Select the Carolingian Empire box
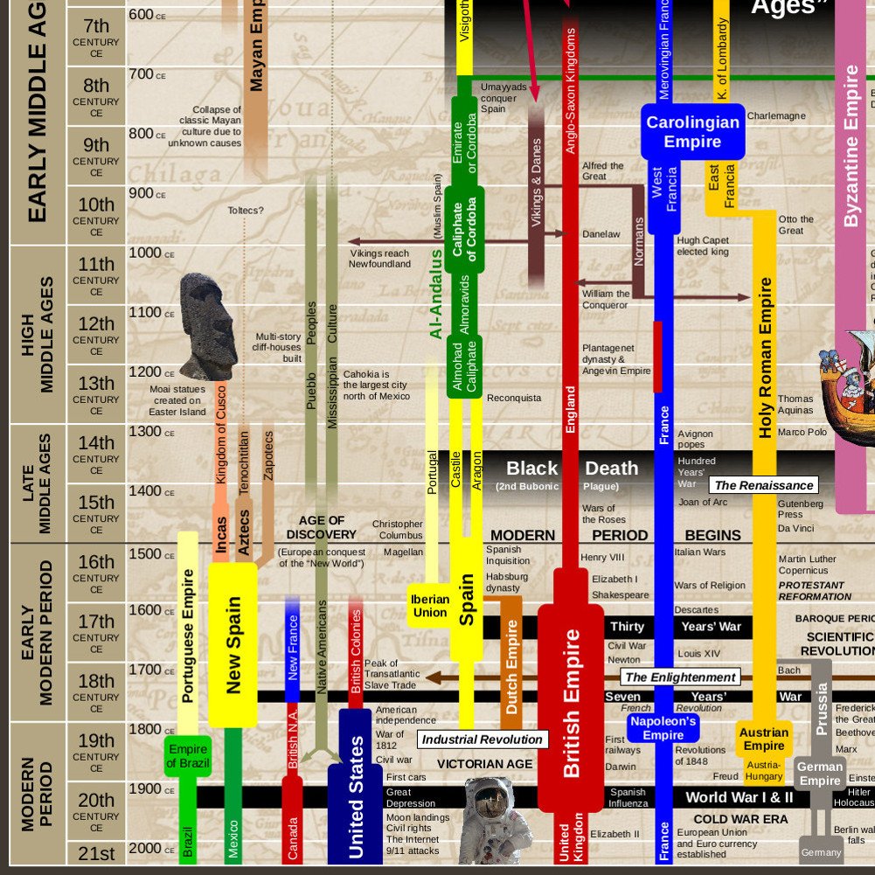point(692,132)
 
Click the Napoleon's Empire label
point(663,728)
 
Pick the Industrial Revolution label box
point(483,740)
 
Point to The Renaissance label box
point(764,485)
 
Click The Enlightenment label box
point(680,677)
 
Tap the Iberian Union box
point(429,606)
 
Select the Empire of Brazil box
point(188,756)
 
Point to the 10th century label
point(96,214)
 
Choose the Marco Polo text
point(802,433)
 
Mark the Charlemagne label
point(776,116)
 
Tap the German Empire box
point(820,774)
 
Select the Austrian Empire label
point(764,740)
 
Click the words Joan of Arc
point(703,503)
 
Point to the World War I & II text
point(739,797)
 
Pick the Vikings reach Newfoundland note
point(379,259)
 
